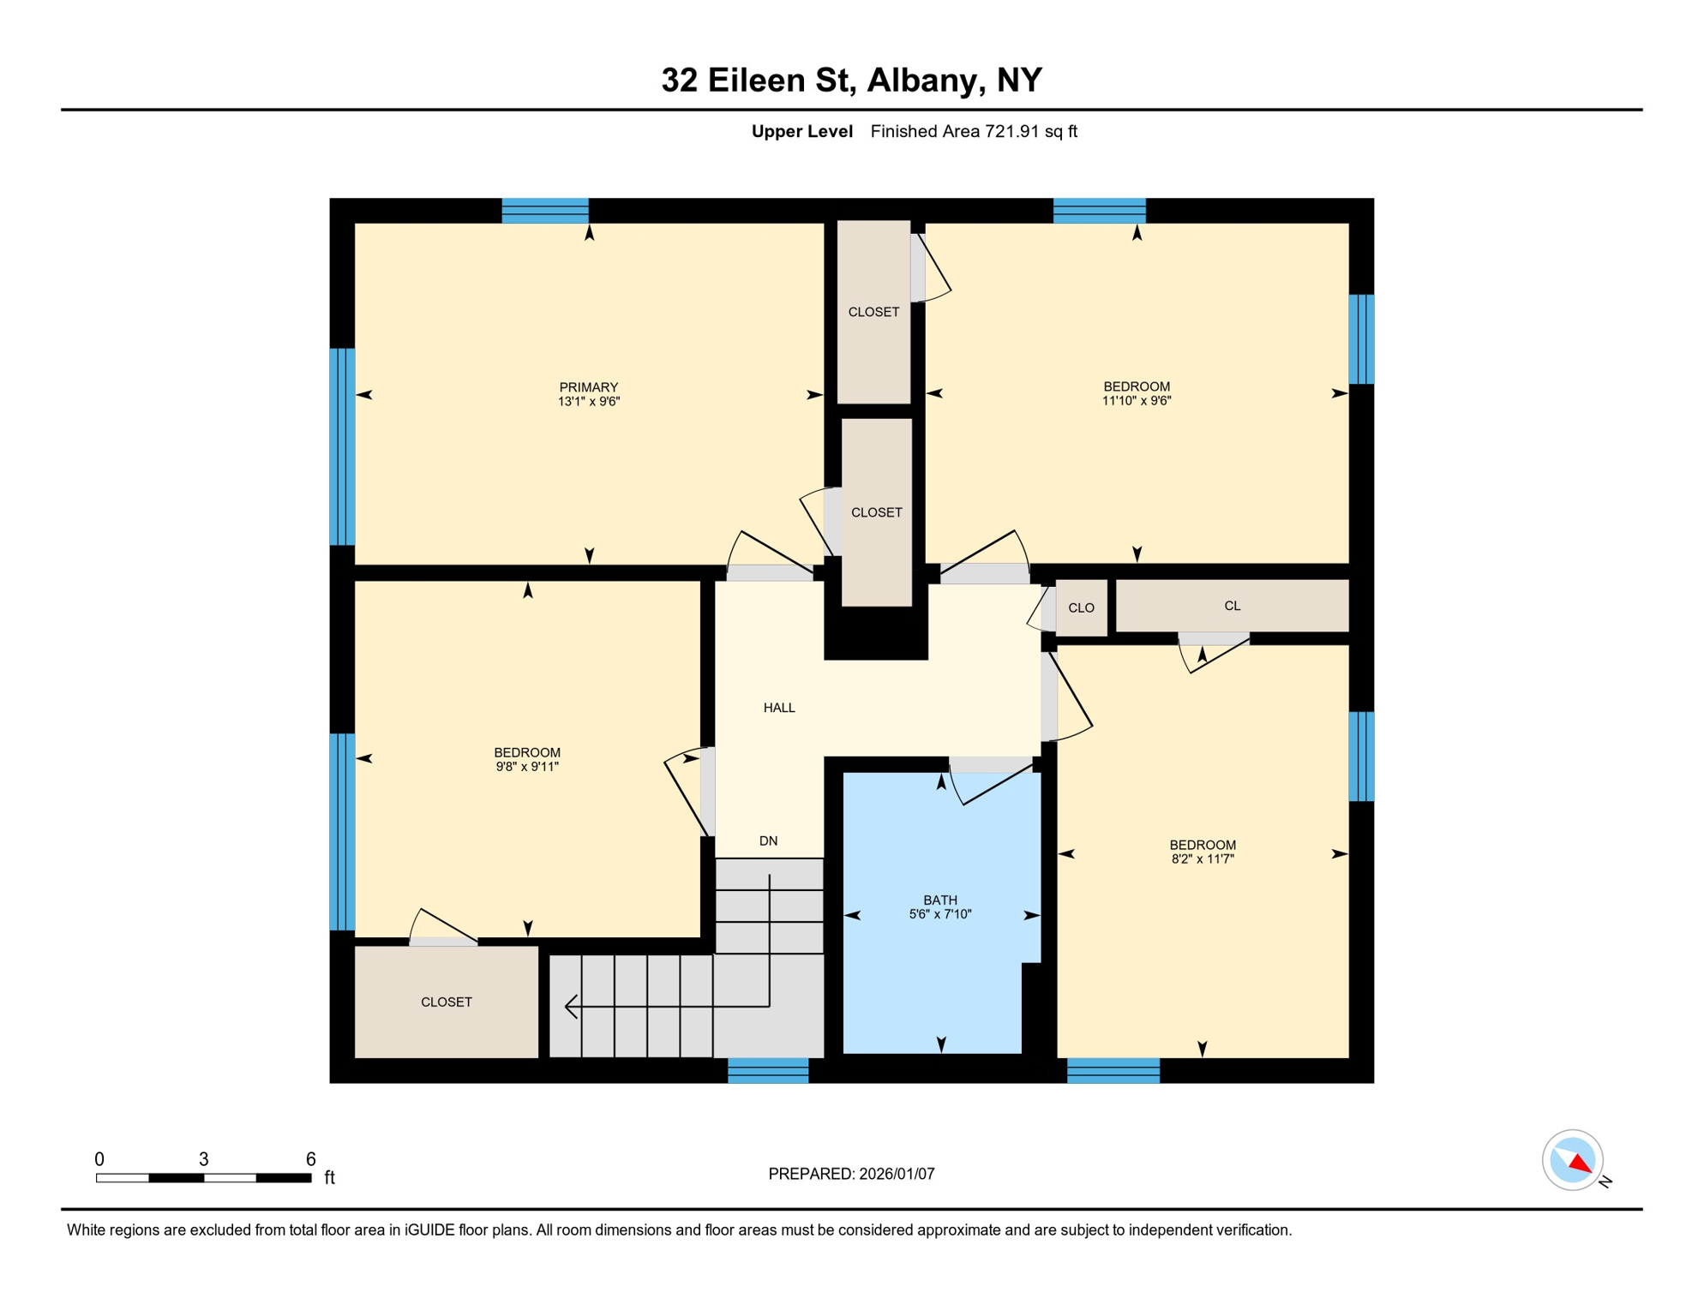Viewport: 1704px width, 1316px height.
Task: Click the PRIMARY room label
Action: tap(588, 387)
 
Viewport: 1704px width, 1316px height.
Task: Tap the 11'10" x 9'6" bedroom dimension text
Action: tap(1137, 400)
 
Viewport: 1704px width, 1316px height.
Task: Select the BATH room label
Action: tap(940, 900)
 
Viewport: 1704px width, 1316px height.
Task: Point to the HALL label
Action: tap(779, 708)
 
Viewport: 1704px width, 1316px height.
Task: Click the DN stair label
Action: tap(768, 841)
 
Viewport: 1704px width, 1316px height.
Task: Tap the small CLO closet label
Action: tap(1081, 608)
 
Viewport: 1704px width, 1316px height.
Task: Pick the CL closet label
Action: tap(1232, 606)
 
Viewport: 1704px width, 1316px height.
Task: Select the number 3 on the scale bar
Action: tap(203, 1159)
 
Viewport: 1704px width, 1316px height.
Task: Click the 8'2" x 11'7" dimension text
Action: tap(1203, 858)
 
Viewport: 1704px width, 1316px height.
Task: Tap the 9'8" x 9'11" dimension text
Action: tap(527, 767)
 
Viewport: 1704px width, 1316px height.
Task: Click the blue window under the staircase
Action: tap(768, 1070)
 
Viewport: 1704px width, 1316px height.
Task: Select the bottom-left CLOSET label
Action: tap(446, 1002)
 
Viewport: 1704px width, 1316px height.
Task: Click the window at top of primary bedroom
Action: tap(545, 211)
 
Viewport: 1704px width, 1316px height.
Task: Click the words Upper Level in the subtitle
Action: tap(801, 131)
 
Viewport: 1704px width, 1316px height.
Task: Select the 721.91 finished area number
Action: tap(1011, 131)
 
